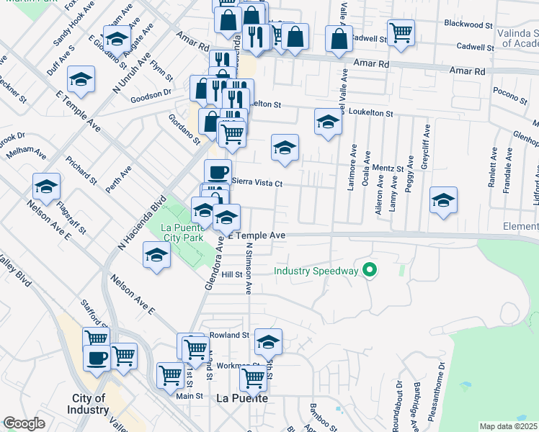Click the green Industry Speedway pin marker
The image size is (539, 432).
370,271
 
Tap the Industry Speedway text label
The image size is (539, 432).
316,271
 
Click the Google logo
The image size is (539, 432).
24,423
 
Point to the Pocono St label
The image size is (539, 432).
510,91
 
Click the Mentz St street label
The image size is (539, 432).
389,168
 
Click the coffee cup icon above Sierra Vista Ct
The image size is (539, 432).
218,171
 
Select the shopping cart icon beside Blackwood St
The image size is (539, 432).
401,31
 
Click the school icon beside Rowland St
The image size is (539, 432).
268,341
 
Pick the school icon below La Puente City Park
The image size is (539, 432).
156,256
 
